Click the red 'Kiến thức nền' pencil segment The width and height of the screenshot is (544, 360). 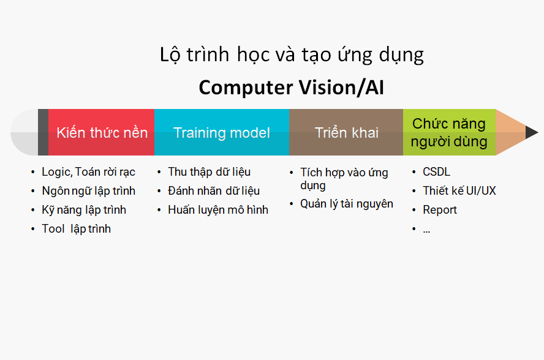point(101,132)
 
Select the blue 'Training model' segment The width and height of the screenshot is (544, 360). point(222,132)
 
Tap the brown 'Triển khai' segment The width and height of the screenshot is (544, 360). point(346,132)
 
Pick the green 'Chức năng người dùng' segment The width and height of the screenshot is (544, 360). point(449,132)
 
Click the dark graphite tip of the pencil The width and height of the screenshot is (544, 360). point(531,132)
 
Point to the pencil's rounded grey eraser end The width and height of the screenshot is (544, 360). point(25,132)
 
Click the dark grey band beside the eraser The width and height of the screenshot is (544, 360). point(43,132)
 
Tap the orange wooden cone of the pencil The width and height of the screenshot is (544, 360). point(509,132)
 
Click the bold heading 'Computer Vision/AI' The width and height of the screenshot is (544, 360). point(292,88)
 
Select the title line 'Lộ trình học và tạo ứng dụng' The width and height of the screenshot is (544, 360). point(292,55)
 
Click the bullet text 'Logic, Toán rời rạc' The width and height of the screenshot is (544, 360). point(88,172)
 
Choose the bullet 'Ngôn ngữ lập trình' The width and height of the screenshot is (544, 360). point(88,191)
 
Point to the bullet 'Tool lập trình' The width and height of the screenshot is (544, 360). point(77,229)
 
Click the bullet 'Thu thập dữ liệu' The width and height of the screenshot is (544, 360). point(209,172)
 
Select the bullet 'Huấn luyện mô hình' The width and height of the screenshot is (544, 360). point(218,210)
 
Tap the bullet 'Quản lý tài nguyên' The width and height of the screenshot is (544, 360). point(347,204)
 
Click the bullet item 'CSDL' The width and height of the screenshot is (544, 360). point(436,171)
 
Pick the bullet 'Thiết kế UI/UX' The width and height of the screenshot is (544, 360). point(459,191)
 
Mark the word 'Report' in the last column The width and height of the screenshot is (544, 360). point(440,210)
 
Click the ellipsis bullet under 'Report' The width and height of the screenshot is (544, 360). point(426,231)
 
